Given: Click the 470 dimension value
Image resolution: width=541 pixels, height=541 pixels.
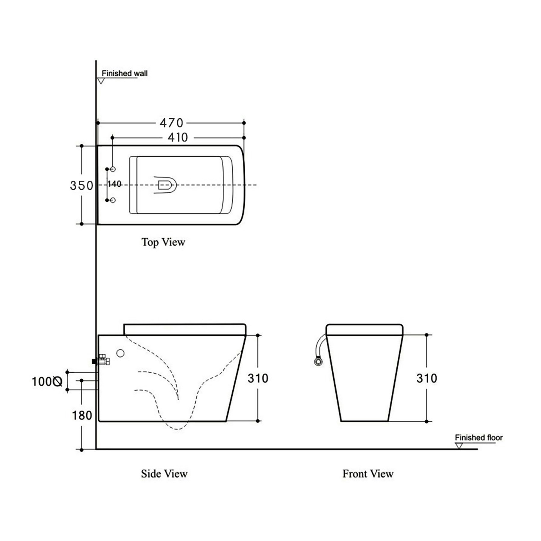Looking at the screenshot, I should (171, 123).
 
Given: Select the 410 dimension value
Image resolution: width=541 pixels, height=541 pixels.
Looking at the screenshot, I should (178, 138).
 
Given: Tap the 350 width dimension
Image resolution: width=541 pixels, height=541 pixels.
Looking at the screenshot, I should (81, 185).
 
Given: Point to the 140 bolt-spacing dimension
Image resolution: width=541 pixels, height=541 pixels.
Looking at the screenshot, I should (115, 184).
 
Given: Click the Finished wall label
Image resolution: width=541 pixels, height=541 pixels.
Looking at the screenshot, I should (124, 73).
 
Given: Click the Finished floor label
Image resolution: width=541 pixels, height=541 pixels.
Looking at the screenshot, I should (478, 438).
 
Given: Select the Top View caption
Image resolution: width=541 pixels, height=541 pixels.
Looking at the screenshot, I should (163, 242).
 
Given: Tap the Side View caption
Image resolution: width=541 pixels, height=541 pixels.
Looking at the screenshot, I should (164, 474).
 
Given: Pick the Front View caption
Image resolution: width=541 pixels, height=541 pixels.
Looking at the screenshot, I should (368, 474).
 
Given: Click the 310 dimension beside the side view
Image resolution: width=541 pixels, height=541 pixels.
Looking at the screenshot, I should (258, 378).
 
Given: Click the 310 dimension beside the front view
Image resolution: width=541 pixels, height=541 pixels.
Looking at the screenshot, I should (426, 378).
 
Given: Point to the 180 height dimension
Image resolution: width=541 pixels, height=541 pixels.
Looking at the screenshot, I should (82, 416).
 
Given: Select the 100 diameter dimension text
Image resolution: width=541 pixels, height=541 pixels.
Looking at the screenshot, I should (47, 382).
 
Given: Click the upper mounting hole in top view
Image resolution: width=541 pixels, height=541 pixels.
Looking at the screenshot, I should (113, 169).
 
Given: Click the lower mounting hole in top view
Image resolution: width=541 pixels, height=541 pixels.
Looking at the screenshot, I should (113, 200).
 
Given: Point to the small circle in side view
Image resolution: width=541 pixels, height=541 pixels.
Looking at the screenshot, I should (120, 353).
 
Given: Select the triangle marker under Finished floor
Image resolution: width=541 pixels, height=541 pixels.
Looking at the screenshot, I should (459, 446).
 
